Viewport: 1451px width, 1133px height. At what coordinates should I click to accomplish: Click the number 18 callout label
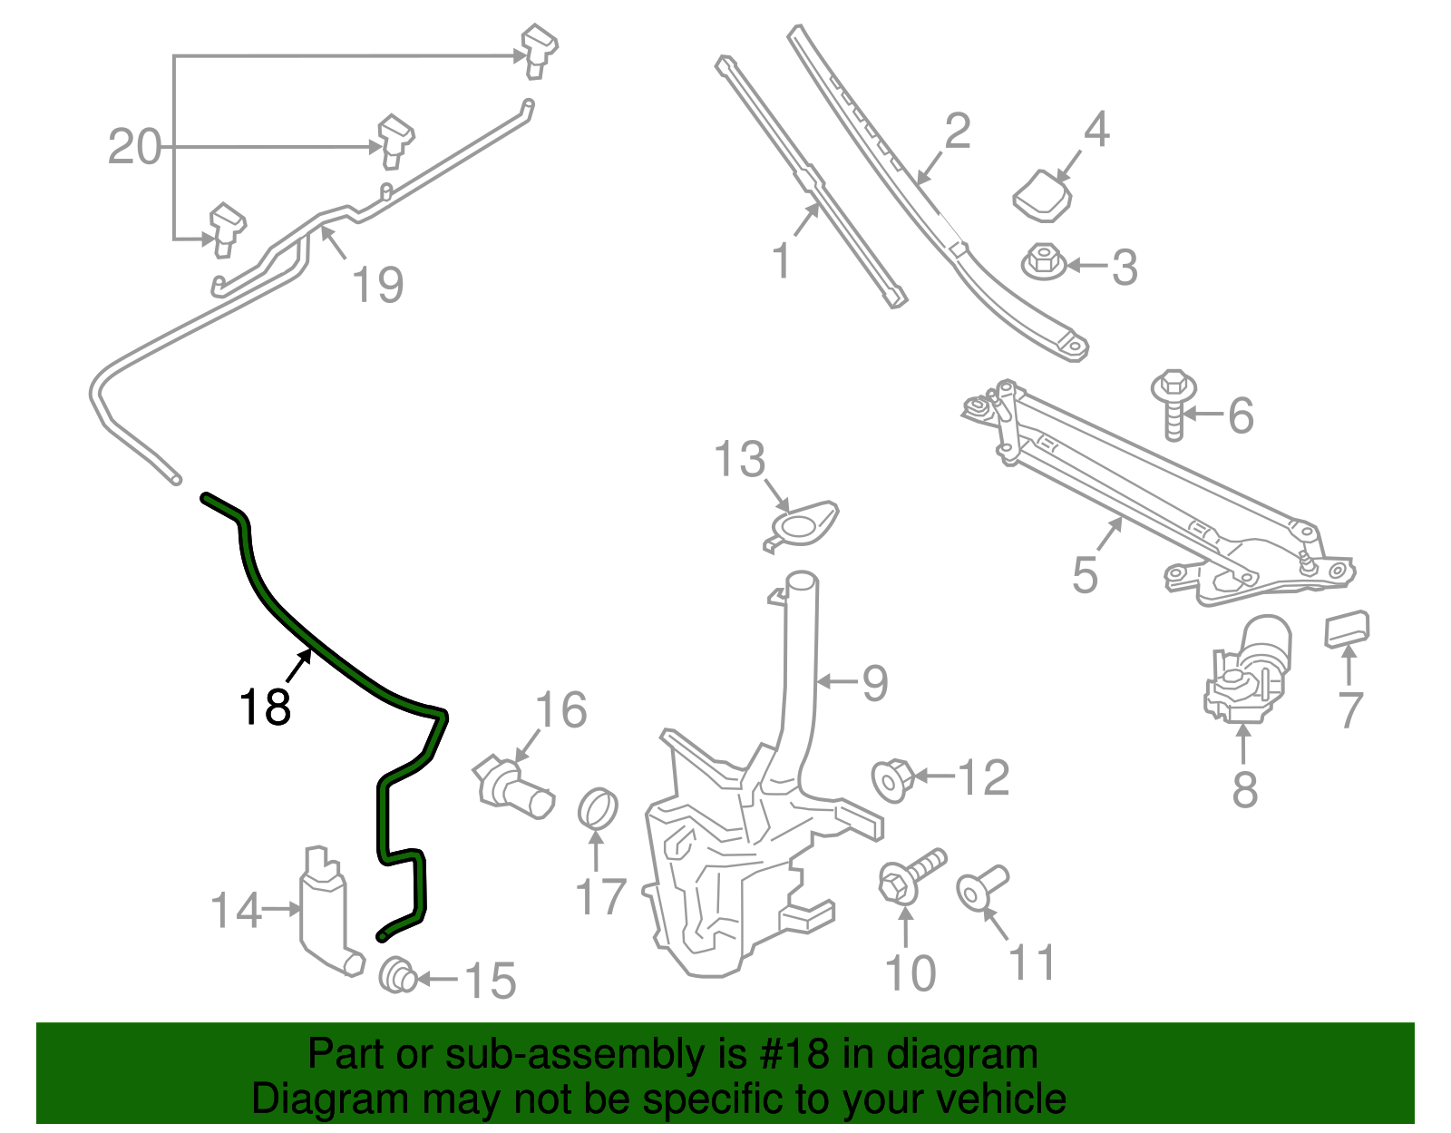tap(265, 707)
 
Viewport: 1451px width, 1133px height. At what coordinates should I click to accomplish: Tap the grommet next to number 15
tap(396, 975)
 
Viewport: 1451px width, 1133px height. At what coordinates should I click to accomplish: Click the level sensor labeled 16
tap(512, 788)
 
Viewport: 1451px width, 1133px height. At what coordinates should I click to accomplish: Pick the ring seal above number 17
tap(598, 808)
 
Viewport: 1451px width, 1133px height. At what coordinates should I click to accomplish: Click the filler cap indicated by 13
tap(801, 525)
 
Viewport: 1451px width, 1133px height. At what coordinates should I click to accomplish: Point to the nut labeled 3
tap(1044, 262)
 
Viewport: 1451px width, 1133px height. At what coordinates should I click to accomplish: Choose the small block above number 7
tap(1347, 628)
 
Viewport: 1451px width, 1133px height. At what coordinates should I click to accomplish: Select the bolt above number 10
tap(911, 874)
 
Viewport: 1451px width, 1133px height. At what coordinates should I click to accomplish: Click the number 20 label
tap(134, 147)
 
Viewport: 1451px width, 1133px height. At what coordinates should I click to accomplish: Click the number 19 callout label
tap(377, 285)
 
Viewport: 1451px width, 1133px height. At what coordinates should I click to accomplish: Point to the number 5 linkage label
tap(1085, 575)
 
